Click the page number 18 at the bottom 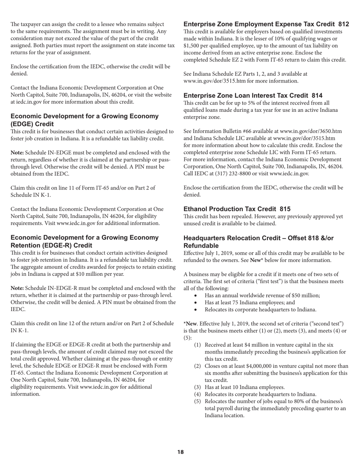tap(180, 452)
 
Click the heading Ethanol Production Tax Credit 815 tap(237, 209)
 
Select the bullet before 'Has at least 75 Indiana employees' tap(195, 302)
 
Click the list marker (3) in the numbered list tap(197, 387)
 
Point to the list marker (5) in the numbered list tap(197, 401)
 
